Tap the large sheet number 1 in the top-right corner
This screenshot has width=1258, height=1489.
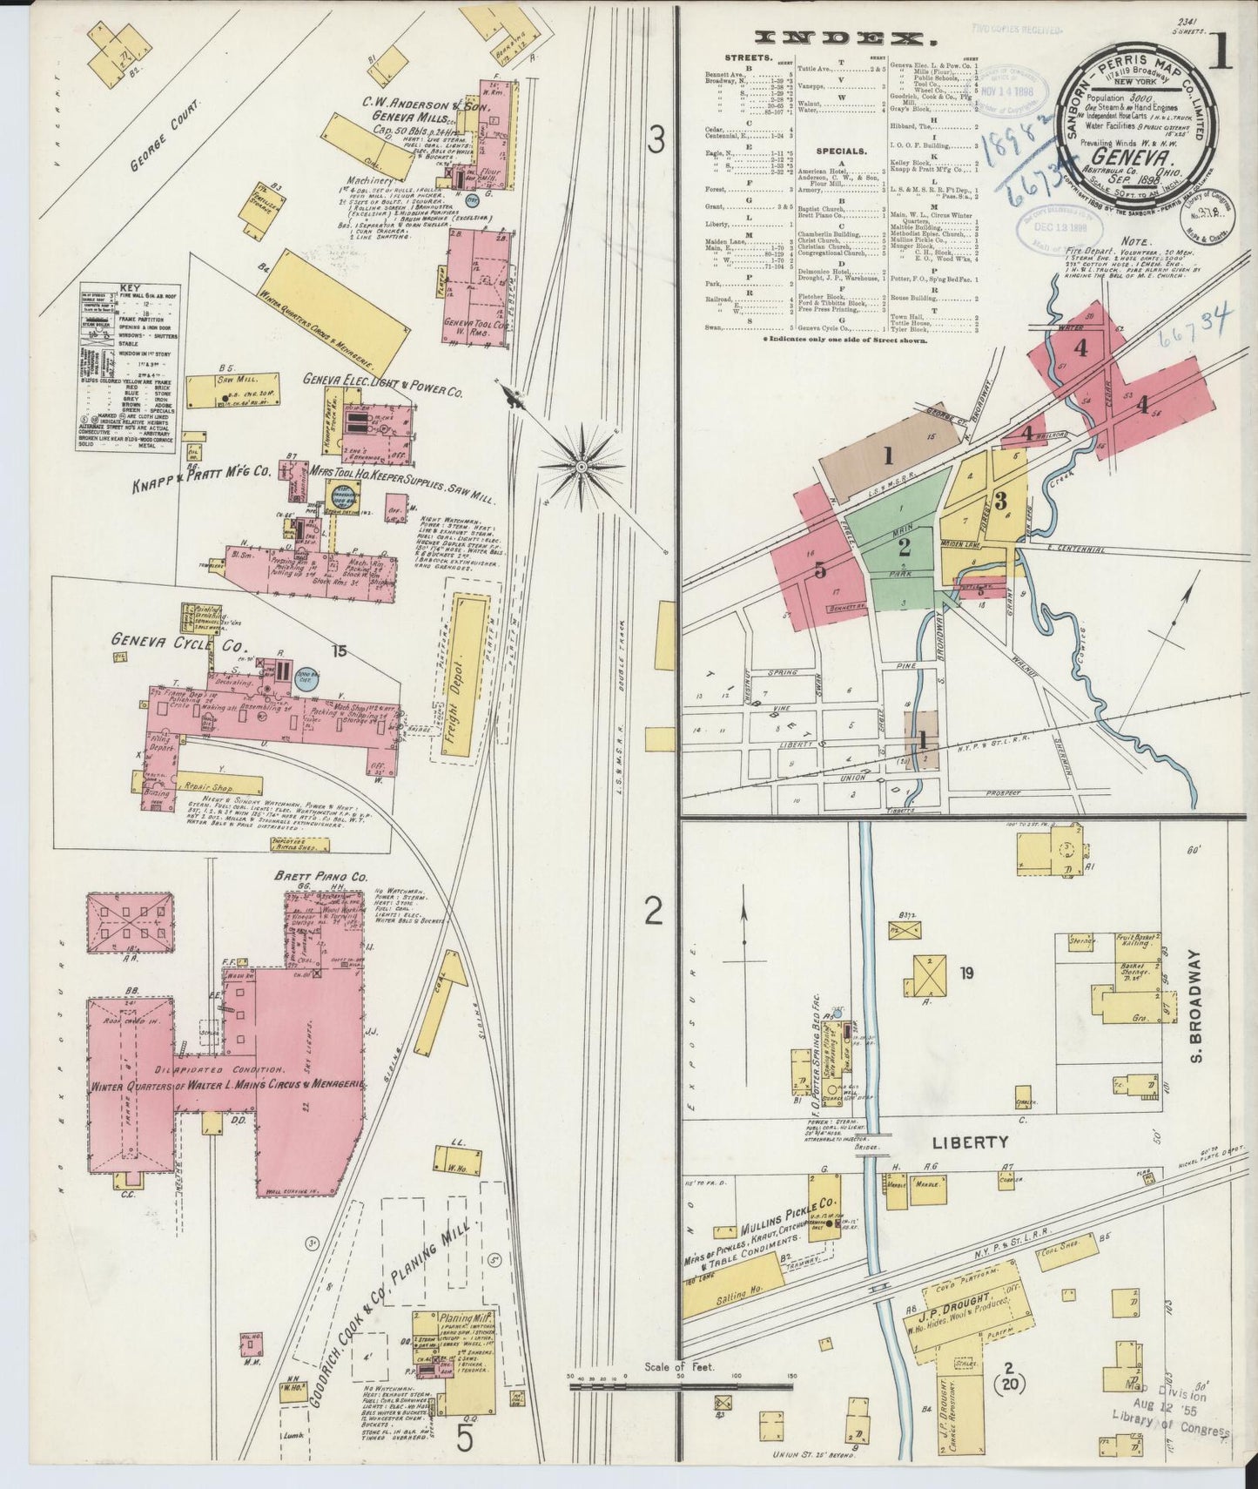click(x=1219, y=54)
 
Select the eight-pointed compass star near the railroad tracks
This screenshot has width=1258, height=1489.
click(x=581, y=467)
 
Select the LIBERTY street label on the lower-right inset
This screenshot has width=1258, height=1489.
click(x=972, y=1142)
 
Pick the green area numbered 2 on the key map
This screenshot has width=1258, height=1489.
click(x=904, y=547)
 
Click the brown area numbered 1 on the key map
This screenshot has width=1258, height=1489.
click(x=888, y=455)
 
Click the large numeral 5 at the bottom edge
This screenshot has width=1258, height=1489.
click(x=465, y=1441)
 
